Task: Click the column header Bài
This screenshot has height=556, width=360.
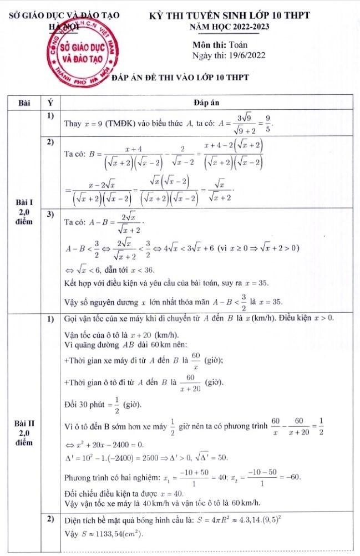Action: (x=24, y=103)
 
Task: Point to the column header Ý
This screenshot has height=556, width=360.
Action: (x=50, y=103)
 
